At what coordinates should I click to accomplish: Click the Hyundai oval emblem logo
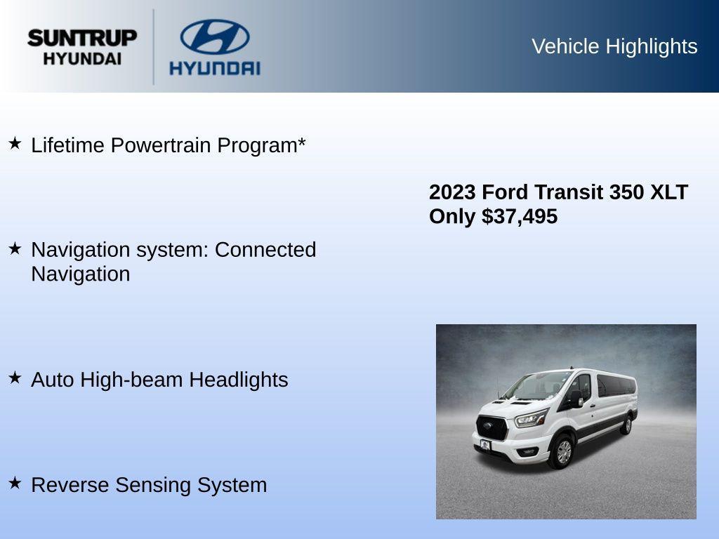(x=214, y=36)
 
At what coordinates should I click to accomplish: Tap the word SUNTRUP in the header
(x=82, y=38)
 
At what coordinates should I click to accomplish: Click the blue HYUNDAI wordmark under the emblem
(x=214, y=68)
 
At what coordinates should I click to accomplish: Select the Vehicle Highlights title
(x=614, y=46)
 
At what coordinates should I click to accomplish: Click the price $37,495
(x=520, y=216)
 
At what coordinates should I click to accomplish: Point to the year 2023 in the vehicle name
(x=452, y=192)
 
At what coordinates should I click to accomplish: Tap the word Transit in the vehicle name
(x=569, y=192)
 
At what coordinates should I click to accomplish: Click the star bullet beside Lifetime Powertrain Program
(x=15, y=144)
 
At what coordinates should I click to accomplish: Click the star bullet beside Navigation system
(x=15, y=248)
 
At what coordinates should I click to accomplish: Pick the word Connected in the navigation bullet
(x=265, y=250)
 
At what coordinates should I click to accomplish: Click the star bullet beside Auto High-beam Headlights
(x=15, y=378)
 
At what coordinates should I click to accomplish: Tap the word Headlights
(x=239, y=380)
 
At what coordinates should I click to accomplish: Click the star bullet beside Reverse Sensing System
(x=15, y=484)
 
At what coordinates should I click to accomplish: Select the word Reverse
(x=70, y=485)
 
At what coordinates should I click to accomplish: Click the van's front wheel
(x=562, y=451)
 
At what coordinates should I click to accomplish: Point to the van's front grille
(x=492, y=427)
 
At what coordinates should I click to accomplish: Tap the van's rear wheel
(x=625, y=424)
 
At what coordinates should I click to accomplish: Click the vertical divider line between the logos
(x=154, y=46)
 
